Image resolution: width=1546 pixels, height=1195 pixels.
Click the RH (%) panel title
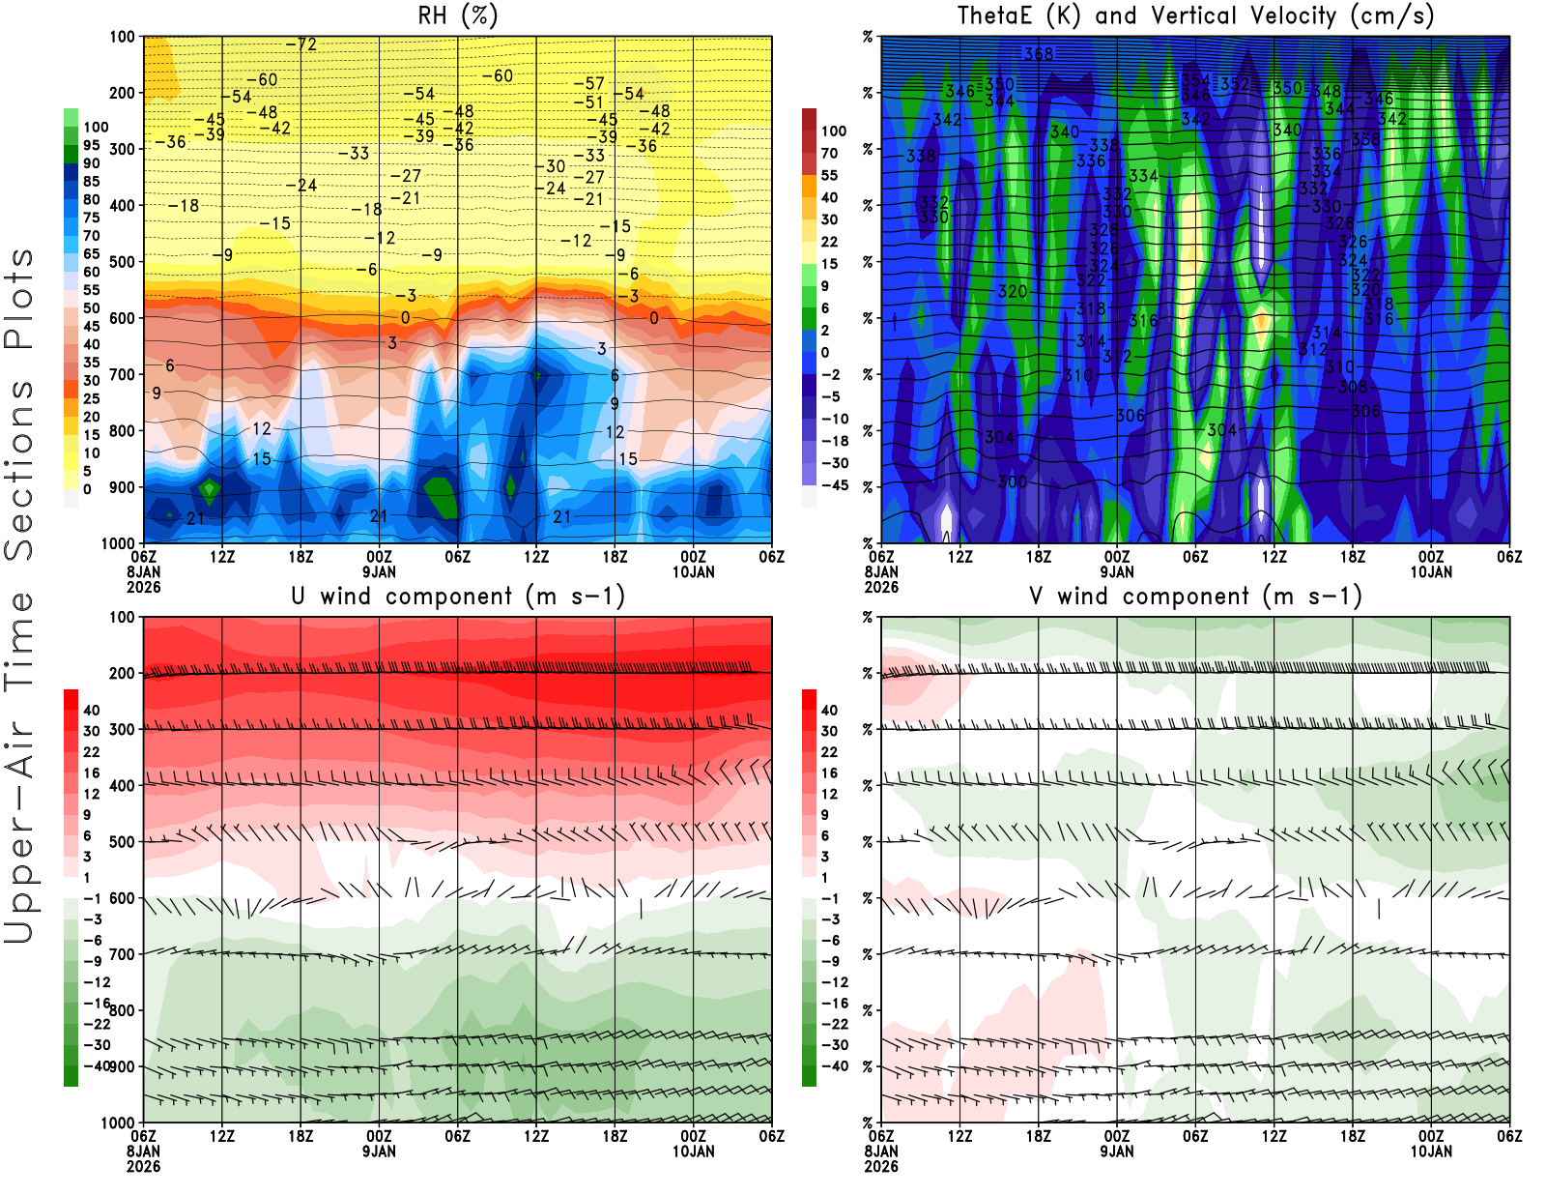(457, 16)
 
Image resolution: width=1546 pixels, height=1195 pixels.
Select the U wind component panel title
(458, 597)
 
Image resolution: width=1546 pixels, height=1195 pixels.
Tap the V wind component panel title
(1195, 597)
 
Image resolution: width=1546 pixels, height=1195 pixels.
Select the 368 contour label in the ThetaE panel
(1039, 54)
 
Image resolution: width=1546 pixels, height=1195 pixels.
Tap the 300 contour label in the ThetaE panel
(1012, 481)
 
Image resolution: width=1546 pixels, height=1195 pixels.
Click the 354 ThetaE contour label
(1195, 81)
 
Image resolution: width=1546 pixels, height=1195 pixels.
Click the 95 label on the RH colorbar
(91, 145)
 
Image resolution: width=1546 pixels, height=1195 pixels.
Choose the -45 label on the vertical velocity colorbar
(834, 485)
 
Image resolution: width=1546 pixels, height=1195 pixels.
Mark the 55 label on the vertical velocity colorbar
(829, 175)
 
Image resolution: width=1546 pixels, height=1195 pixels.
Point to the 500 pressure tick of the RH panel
(122, 261)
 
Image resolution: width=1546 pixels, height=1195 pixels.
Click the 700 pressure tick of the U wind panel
(122, 954)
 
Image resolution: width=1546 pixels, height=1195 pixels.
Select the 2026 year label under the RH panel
(143, 587)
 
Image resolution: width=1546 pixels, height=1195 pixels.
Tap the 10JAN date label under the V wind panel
(1431, 1151)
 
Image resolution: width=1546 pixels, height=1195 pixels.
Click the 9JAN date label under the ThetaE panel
(1117, 571)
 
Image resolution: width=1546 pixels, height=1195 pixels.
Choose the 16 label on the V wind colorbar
(829, 773)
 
